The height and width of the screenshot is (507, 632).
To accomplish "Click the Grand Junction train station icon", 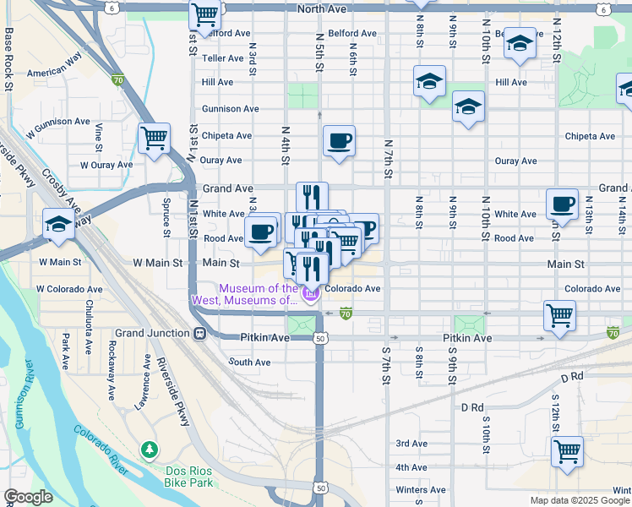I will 199,333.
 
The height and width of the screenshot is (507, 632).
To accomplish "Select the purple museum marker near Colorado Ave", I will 310,293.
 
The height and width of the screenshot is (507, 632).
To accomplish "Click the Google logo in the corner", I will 28,497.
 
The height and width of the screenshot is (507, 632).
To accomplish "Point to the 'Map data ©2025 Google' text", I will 580,500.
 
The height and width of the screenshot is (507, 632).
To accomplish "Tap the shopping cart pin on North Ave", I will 204,14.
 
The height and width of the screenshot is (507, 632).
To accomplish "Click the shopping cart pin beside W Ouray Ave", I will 154,138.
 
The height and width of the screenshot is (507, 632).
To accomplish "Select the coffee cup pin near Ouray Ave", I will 339,141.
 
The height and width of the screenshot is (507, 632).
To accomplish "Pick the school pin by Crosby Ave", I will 58,225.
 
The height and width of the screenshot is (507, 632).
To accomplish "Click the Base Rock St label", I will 8,59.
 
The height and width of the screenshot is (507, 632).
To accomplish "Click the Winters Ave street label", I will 420,490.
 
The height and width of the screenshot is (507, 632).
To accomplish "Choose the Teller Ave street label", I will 223,58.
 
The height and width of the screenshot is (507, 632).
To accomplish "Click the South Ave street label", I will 249,362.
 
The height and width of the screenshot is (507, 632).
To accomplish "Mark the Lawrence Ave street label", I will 144,387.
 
